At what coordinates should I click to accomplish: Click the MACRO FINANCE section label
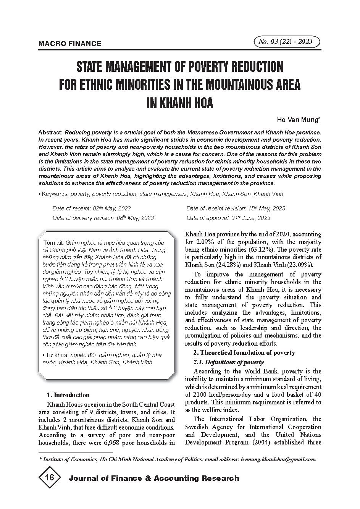[70, 44]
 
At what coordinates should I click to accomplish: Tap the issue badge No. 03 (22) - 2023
[286, 42]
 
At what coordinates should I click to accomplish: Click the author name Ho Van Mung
[299, 120]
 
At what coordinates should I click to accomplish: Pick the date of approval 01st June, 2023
[250, 218]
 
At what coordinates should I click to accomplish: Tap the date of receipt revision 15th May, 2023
[266, 208]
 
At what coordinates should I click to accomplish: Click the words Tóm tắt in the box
[54, 242]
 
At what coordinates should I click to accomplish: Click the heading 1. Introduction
[68, 395]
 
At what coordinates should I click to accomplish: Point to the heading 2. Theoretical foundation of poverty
[244, 352]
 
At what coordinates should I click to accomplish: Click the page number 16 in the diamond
[49, 478]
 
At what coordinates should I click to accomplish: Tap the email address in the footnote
[278, 459]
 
